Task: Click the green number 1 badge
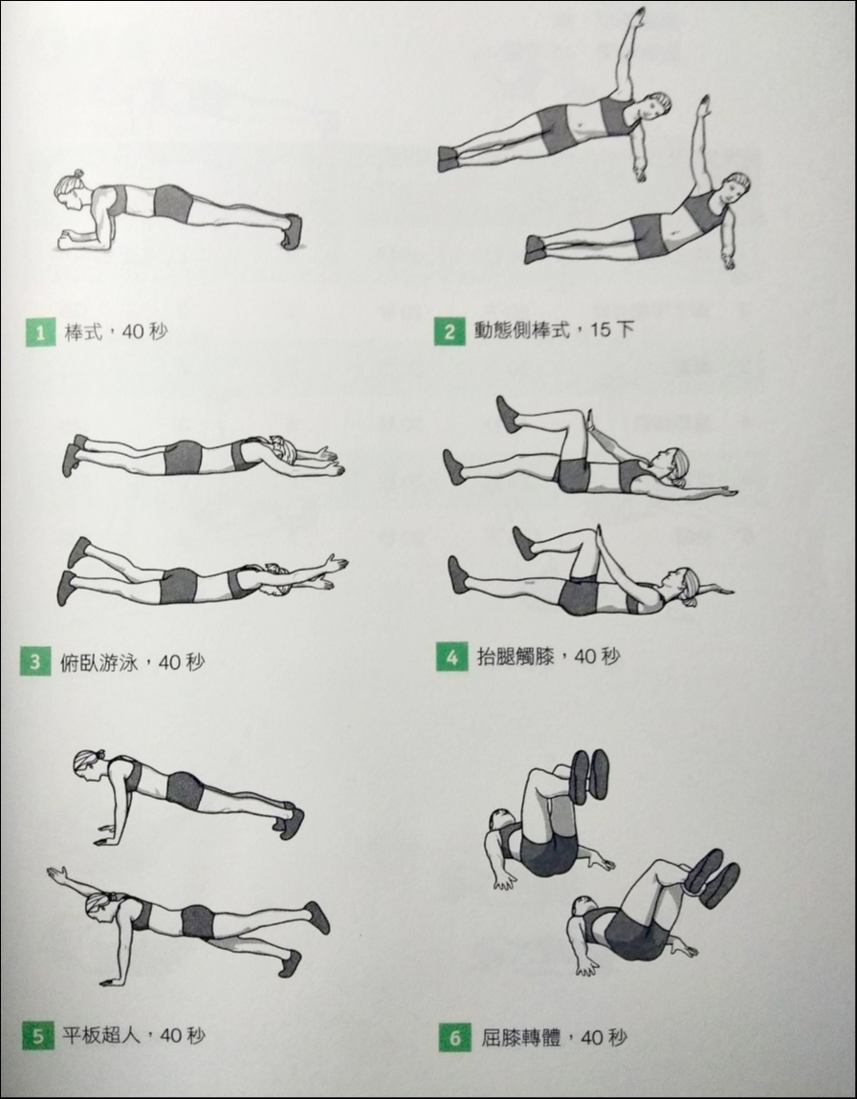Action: coord(39,333)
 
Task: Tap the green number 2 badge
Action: coord(449,331)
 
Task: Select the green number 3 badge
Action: coord(35,661)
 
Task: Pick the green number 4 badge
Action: coord(451,657)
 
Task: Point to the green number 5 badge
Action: coord(37,1036)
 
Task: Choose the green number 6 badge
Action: coord(454,1037)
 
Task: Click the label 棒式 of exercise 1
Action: coord(83,332)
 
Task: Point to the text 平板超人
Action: coord(102,1035)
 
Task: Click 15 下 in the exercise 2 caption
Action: coord(611,330)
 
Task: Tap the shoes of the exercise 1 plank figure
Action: coord(292,230)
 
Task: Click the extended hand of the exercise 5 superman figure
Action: coord(56,873)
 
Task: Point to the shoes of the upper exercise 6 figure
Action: coord(589,774)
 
